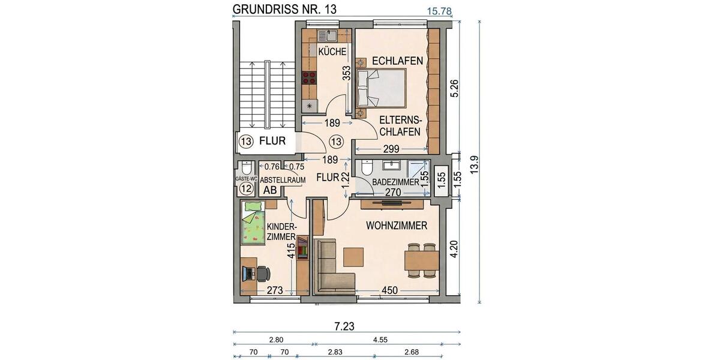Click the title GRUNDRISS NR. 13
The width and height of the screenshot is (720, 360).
coord(284,9)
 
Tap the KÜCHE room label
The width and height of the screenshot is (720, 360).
coord(332,52)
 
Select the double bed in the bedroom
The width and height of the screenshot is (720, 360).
coord(382,88)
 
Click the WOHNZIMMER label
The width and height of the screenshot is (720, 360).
coord(396,226)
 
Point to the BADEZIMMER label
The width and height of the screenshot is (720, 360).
coord(395,182)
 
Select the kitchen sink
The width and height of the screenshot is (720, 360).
coord(327,36)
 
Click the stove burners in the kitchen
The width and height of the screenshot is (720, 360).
coord(310,77)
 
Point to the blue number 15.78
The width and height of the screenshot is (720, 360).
coord(439,10)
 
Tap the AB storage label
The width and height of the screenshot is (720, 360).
coord(271,190)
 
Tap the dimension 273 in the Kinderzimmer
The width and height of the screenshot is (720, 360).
coord(274,291)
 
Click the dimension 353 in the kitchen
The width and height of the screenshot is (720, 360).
coord(346,73)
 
